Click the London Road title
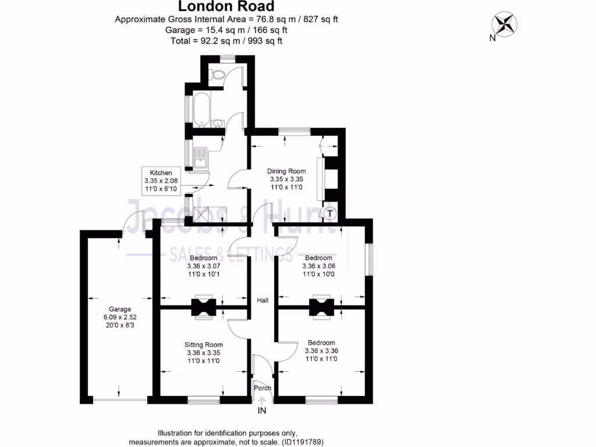tap(226, 7)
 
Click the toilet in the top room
tap(219, 74)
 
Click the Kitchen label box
tap(161, 181)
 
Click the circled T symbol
tap(330, 214)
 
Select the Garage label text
tap(120, 317)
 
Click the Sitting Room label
tap(205, 353)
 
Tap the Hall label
tap(262, 300)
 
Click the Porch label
tap(262, 388)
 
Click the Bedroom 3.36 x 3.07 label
tap(203, 266)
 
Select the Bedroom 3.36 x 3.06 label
tap(318, 266)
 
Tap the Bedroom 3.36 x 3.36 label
tap(321, 350)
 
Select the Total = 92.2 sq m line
tap(226, 41)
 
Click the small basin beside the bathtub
tap(217, 123)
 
